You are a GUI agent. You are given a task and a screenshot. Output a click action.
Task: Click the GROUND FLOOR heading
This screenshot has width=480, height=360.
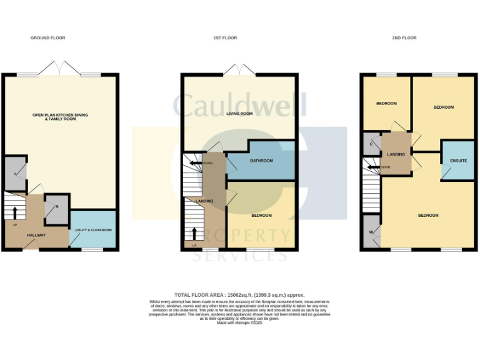[x=48, y=38]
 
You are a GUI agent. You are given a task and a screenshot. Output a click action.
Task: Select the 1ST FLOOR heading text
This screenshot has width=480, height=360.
[x=225, y=38]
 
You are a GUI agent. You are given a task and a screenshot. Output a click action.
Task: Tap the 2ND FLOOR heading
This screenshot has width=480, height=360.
[x=404, y=38]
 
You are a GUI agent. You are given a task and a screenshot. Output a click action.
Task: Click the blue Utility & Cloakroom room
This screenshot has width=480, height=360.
[x=93, y=230]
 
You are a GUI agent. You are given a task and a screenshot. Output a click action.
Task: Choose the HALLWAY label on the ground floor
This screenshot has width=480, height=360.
[x=36, y=235]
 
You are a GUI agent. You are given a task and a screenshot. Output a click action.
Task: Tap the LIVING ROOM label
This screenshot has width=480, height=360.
[x=239, y=114]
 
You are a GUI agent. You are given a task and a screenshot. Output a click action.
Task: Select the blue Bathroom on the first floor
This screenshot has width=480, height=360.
[x=261, y=161]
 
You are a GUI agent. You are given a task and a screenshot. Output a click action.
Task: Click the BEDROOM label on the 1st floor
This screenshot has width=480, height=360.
[x=261, y=216]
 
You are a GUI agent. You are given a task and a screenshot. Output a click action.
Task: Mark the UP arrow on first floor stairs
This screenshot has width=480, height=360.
[x=194, y=233]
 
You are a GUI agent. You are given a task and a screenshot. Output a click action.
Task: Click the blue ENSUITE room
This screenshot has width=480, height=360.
[x=458, y=161]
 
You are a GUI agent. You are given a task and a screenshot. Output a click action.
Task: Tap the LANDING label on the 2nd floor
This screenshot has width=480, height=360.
[x=396, y=154]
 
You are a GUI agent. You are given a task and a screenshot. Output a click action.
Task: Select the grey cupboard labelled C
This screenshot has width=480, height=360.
[x=371, y=144]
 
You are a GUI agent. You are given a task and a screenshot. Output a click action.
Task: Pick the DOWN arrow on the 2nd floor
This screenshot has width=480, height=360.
[x=374, y=167]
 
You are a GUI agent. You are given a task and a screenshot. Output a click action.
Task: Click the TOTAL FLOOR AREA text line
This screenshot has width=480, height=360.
[x=239, y=294]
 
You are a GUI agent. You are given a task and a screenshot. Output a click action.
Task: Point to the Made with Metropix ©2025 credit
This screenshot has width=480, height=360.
[x=239, y=322]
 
